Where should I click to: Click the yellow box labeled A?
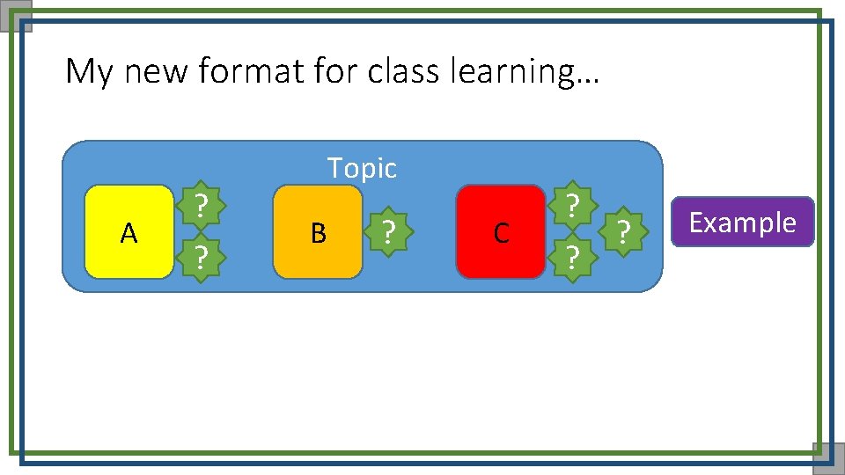129,232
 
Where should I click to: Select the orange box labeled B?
318,232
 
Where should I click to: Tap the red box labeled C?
501,232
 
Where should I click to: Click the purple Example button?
742,222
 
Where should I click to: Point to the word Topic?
362,167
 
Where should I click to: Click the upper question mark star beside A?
202,206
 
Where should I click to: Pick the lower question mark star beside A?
202,257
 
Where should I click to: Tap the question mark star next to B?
386,231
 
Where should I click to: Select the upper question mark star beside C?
572,206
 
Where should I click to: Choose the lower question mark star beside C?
572,257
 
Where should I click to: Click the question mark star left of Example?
623,231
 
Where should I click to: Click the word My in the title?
89,71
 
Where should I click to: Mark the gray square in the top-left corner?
16,16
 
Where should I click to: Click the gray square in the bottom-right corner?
828,457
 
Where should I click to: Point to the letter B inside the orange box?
318,233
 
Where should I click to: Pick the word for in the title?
330,70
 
